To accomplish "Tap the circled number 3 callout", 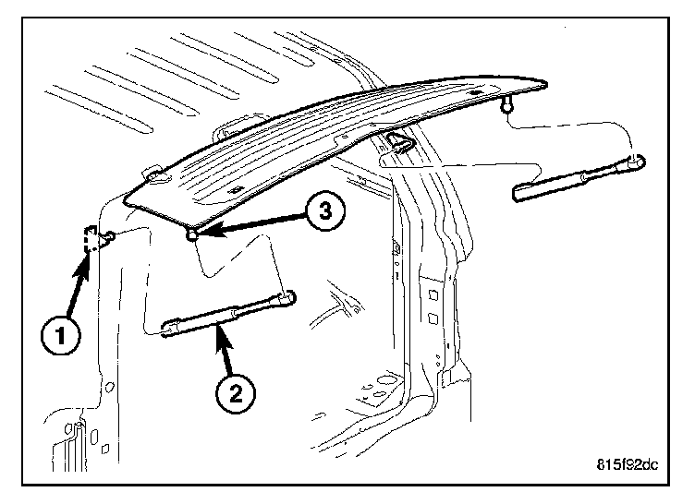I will pyautogui.click(x=320, y=212).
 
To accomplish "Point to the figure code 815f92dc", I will pyautogui.click(x=626, y=464).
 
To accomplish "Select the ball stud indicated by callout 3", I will pyautogui.click(x=191, y=236).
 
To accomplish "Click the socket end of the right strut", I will pyautogui.click(x=636, y=163).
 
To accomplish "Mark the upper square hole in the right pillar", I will pyautogui.click(x=432, y=294).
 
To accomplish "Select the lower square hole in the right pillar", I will pyautogui.click(x=433, y=320).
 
